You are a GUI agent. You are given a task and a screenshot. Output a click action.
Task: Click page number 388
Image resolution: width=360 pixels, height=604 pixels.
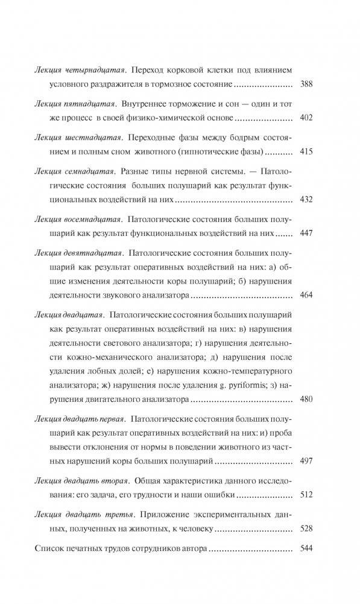306,84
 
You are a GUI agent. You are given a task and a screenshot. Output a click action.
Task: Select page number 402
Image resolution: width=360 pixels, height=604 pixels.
306,118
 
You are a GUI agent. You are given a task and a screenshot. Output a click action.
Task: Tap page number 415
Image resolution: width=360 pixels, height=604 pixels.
306,151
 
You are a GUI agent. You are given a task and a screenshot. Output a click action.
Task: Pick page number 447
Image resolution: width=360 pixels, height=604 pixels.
306,232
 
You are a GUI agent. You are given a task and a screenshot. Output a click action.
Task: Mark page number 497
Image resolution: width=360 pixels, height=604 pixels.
306,462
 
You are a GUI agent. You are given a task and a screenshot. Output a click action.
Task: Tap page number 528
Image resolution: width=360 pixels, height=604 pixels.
306,528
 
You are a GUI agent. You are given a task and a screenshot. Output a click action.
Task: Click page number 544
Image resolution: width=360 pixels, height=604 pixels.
306,548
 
